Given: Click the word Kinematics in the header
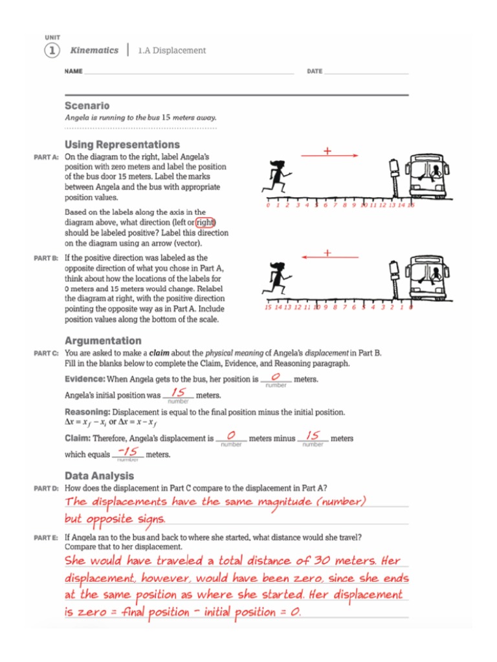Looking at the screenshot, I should pyautogui.click(x=94, y=50).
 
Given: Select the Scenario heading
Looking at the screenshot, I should pyautogui.click(x=87, y=105).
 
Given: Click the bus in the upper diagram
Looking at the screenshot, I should pyautogui.click(x=428, y=176).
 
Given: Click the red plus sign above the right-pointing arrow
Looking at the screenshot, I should pyautogui.click(x=327, y=151).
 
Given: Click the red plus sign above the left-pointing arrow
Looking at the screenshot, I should pyautogui.click(x=327, y=253).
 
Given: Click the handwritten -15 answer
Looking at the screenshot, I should pyautogui.click(x=131, y=453).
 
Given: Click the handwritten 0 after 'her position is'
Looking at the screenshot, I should pyautogui.click(x=276, y=378).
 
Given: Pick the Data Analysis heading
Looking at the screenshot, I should pyautogui.click(x=99, y=476).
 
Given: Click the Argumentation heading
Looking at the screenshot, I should pyautogui.click(x=103, y=341).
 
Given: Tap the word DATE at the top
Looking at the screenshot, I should pyautogui.click(x=315, y=71).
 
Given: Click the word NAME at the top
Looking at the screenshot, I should pyautogui.click(x=74, y=71).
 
